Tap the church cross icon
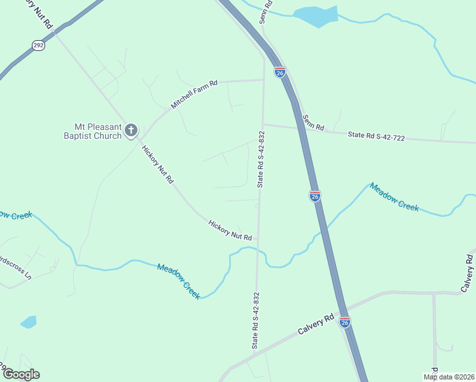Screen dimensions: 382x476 click(131, 131)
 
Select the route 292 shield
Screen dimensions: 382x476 click(38, 45)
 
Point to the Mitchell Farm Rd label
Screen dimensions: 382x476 click(195, 94)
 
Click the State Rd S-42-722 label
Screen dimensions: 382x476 click(376, 136)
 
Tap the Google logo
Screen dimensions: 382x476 click(20, 374)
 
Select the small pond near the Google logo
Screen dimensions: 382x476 click(29, 322)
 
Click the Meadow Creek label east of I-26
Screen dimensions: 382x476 click(395, 197)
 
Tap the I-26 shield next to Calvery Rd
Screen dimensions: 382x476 click(344, 322)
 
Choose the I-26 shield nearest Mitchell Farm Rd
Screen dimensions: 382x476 click(280, 73)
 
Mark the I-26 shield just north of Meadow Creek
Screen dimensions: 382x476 click(315, 196)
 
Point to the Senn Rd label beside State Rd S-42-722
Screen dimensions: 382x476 click(314, 122)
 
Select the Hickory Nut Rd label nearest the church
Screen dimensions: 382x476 click(158, 165)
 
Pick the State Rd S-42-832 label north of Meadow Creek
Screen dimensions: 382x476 click(261, 159)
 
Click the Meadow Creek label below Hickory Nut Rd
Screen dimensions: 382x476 click(179, 281)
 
